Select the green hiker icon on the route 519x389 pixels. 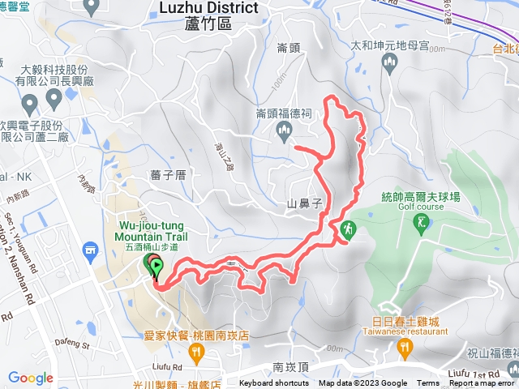(347, 229)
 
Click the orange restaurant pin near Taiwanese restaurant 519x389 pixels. (404, 348)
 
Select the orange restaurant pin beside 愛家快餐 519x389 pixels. (195, 352)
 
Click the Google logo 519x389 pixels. (31, 378)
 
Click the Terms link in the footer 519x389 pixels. (428, 383)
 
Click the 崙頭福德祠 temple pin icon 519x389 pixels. (282, 129)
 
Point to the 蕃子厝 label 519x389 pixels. (168, 174)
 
